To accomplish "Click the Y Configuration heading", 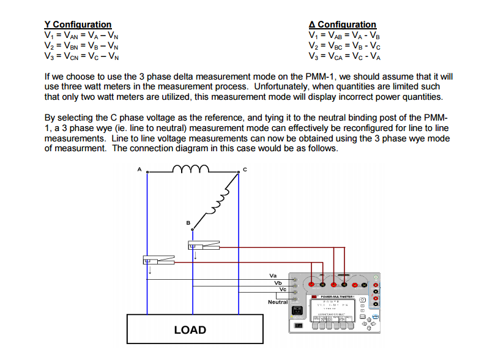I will click(x=78, y=24).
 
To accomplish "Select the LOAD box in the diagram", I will click(x=190, y=329).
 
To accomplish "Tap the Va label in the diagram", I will click(x=273, y=276).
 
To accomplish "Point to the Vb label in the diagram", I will click(x=278, y=283).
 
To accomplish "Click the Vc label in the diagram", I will click(x=283, y=290).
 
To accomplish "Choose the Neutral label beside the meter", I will click(x=277, y=302).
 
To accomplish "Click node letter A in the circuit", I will click(x=140, y=169).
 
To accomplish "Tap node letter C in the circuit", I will click(x=245, y=170).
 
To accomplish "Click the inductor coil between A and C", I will click(x=191, y=168).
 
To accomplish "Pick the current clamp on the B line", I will click(x=203, y=246).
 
